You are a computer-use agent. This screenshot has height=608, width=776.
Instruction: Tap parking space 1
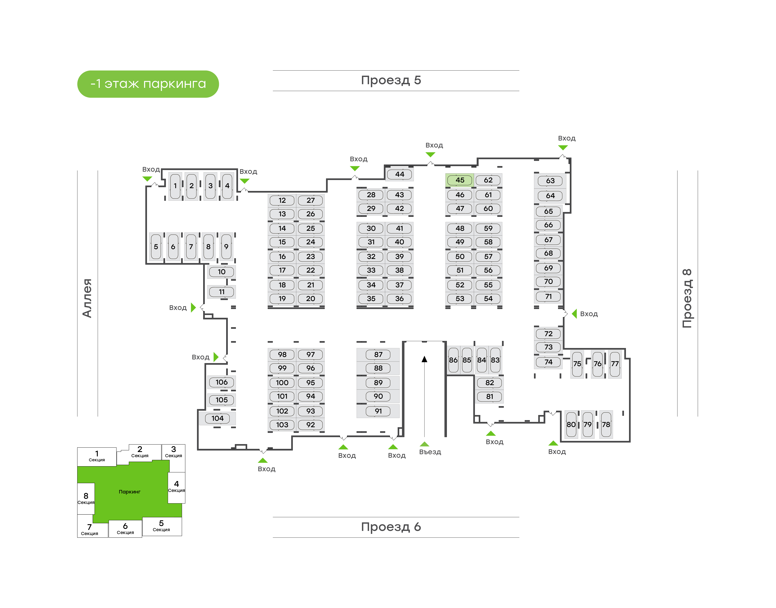pyautogui.click(x=175, y=186)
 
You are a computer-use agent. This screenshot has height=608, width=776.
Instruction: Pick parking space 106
pyautogui.click(x=221, y=382)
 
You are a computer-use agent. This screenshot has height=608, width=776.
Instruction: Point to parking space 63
pyautogui.click(x=550, y=181)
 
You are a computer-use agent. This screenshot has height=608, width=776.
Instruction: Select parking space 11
pyautogui.click(x=221, y=292)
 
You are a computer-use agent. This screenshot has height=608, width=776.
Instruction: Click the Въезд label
pyautogui.click(x=430, y=452)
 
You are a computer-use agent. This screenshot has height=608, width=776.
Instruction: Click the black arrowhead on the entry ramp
pyautogui.click(x=424, y=359)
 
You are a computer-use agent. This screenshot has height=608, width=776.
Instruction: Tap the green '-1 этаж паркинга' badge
pyautogui.click(x=148, y=84)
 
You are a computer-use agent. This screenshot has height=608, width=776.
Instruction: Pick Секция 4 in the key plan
pyautogui.click(x=176, y=486)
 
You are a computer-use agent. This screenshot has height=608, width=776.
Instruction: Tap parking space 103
pyautogui.click(x=282, y=425)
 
